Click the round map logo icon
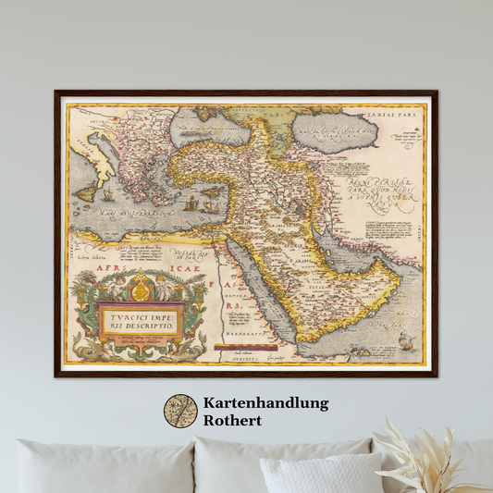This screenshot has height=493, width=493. point(180,412)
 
